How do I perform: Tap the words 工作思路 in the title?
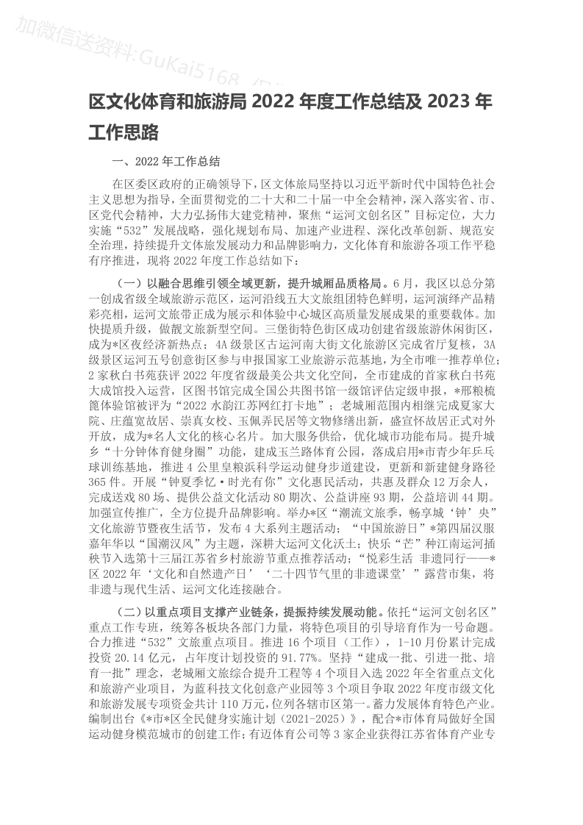[x=124, y=132]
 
